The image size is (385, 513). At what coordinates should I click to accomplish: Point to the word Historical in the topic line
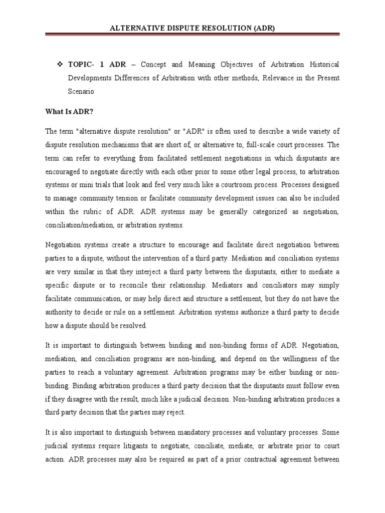[x=320, y=65]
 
